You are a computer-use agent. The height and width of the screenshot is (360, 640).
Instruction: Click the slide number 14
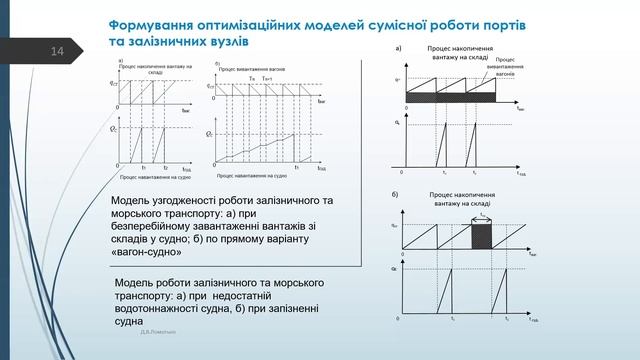coord(56,51)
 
